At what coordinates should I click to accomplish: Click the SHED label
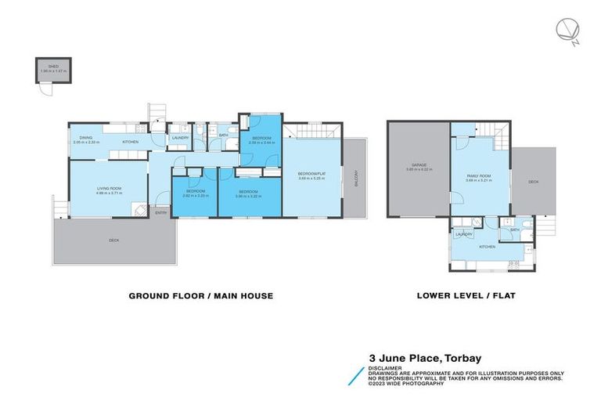pyautogui.click(x=53, y=67)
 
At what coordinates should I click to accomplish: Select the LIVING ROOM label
pyautogui.click(x=108, y=188)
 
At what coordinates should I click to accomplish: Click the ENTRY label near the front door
pyautogui.click(x=160, y=212)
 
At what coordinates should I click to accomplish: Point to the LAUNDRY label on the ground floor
pyautogui.click(x=179, y=138)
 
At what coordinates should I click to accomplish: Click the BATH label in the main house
pyautogui.click(x=223, y=135)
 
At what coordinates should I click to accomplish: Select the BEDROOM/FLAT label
pyautogui.click(x=311, y=174)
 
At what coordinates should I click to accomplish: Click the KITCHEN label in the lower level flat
pyautogui.click(x=488, y=247)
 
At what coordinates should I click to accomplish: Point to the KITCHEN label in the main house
pyautogui.click(x=131, y=142)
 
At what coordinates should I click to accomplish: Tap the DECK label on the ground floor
pyautogui.click(x=114, y=240)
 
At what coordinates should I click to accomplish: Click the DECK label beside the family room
pyautogui.click(x=533, y=182)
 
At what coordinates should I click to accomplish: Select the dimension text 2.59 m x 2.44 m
pyautogui.click(x=260, y=143)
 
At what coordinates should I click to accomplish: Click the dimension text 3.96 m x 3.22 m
pyautogui.click(x=248, y=196)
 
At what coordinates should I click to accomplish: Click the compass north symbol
pyautogui.click(x=567, y=31)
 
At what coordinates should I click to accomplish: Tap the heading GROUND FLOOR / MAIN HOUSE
pyautogui.click(x=200, y=296)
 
